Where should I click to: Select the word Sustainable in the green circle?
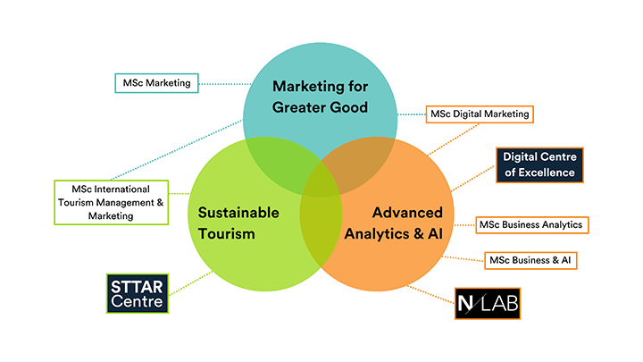click(x=238, y=213)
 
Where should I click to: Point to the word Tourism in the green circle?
click(x=227, y=234)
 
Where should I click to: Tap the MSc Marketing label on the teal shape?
click(x=157, y=83)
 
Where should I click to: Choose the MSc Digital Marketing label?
click(x=480, y=114)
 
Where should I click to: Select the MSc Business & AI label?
click(x=530, y=259)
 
